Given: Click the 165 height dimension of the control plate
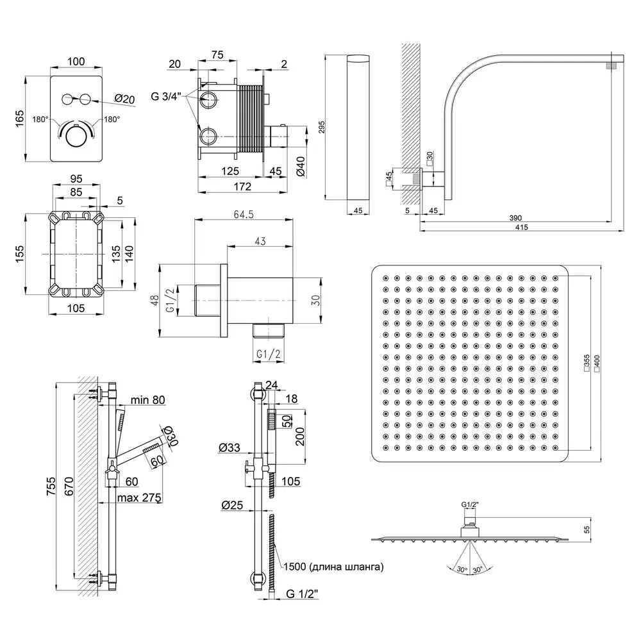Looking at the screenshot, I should pos(19,118).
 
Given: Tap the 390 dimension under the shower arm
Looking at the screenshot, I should pos(515,218).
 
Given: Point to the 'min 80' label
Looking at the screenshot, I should pos(147,401).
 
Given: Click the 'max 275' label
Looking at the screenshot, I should pos(138,497).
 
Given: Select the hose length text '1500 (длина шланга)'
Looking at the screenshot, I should pos(333,566).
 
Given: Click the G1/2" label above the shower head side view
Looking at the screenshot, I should pos(470,504).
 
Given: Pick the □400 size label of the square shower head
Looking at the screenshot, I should pos(596,363).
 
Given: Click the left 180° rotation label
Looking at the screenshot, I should pos(43,120).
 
